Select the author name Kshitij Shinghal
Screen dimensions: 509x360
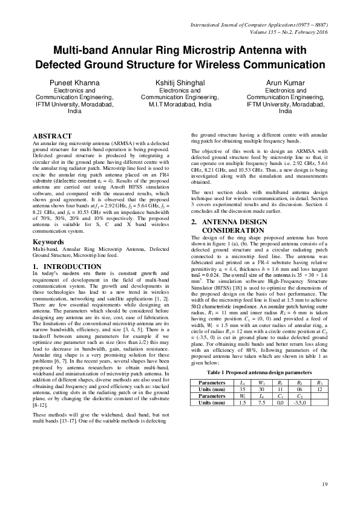coord(180,82)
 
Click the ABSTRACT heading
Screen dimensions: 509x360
coord(52,136)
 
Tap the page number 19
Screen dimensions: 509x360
coord(324,484)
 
